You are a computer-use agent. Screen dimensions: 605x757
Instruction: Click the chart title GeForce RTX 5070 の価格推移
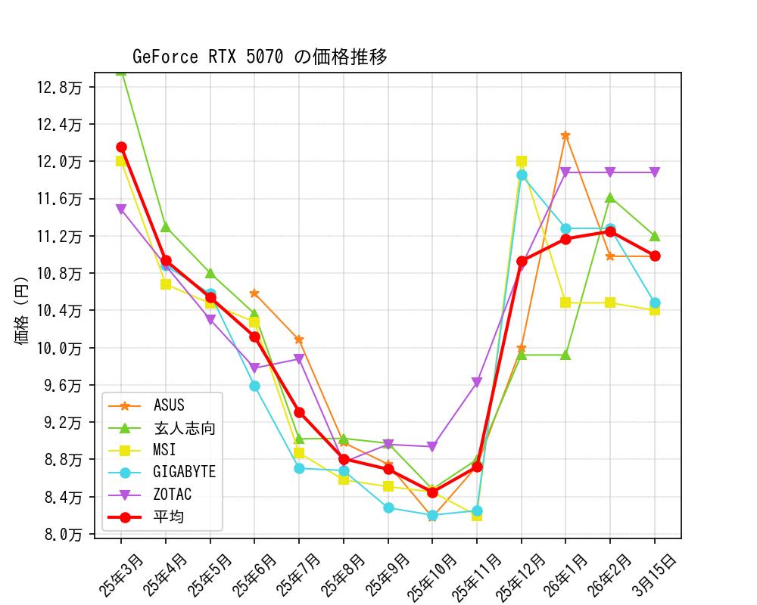coord(260,57)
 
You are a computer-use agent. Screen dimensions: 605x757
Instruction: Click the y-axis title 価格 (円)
coord(22,311)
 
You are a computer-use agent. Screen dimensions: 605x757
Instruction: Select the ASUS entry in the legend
coord(169,406)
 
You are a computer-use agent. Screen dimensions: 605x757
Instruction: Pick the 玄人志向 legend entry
coord(184,428)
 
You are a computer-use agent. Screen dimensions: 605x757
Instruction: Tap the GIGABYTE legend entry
coord(184,472)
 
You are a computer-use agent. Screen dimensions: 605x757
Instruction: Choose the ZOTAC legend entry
coord(172,495)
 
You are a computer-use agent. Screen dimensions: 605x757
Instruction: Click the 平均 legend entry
coord(168,517)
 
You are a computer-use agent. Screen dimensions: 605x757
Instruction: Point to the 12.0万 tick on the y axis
coord(61,161)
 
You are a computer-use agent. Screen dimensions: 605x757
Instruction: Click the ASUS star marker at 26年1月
coord(565,135)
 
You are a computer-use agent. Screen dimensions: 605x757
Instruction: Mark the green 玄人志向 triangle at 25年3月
coord(121,71)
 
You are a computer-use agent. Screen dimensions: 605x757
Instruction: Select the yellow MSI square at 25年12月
coord(522,161)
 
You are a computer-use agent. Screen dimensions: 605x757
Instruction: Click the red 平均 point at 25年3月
coord(121,147)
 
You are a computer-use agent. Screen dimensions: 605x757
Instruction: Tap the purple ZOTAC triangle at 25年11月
coord(477,383)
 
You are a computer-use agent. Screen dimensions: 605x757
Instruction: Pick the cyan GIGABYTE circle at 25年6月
coord(254,386)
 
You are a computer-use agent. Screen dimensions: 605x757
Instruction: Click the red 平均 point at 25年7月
coord(299,412)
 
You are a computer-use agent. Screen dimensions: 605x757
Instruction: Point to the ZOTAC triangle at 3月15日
coord(655,172)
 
